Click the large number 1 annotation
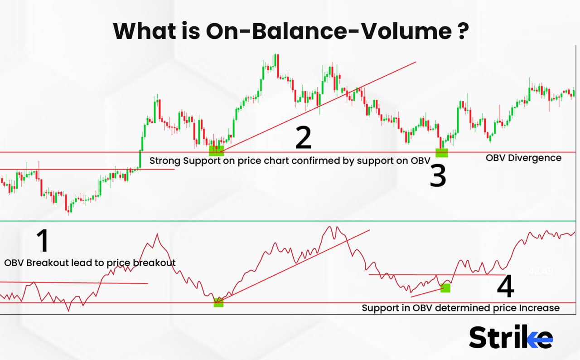point(43,241)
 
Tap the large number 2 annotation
point(303,138)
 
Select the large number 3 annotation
point(438,176)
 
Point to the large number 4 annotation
point(506,287)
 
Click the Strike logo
point(511,337)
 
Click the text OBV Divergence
point(523,158)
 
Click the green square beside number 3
point(441,153)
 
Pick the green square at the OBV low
point(219,302)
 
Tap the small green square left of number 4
point(445,287)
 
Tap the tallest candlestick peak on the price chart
point(275,55)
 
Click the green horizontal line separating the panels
point(290,221)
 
